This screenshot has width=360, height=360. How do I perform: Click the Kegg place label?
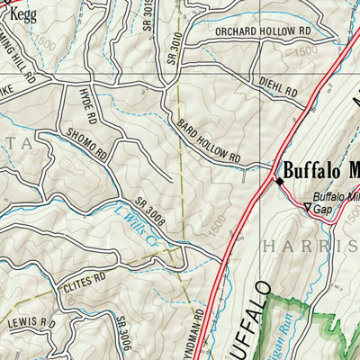23,15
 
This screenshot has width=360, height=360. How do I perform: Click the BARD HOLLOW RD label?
209,140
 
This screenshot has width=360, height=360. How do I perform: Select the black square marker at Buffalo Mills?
278,181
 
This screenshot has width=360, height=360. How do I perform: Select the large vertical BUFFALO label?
254,324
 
